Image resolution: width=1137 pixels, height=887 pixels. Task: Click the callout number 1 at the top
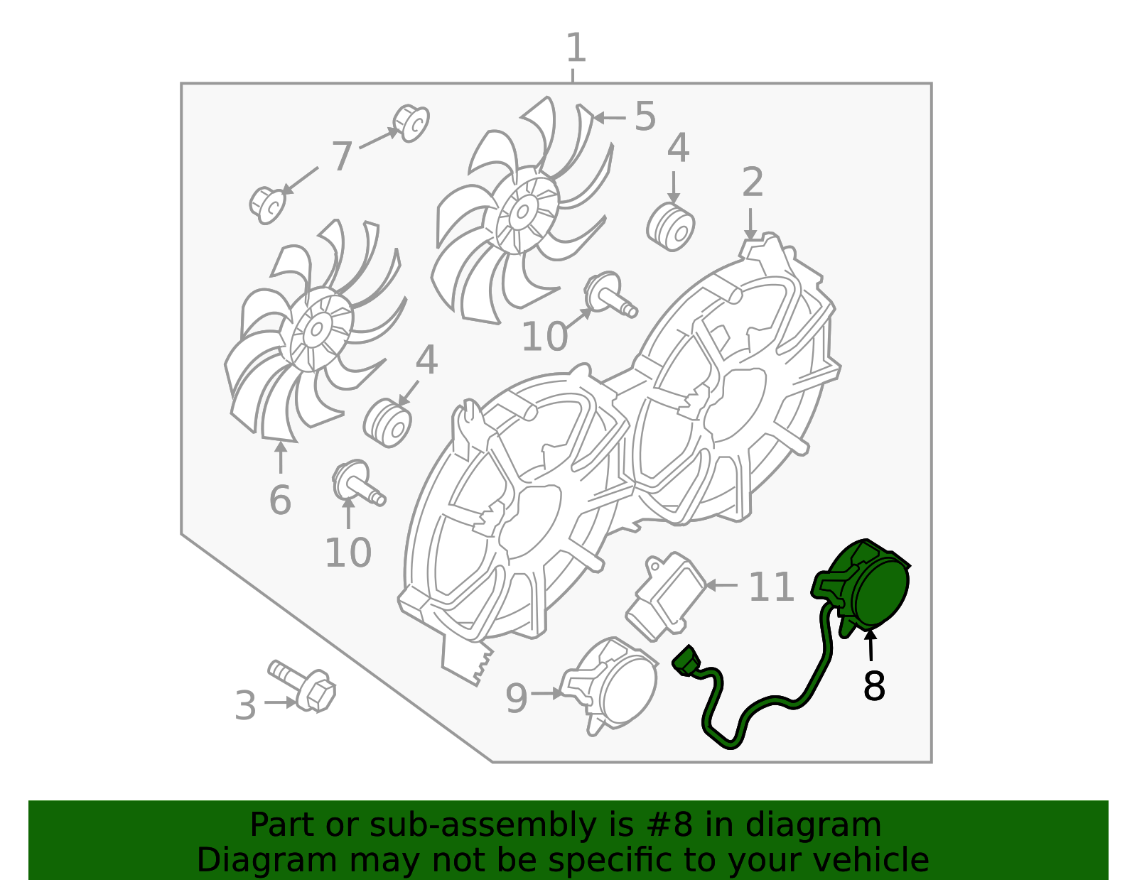(576, 48)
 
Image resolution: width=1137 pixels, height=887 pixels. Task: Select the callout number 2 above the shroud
(753, 183)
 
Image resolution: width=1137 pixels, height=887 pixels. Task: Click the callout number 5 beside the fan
(645, 116)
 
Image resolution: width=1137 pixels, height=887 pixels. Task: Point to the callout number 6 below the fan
(280, 500)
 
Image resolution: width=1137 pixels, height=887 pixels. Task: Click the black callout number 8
(874, 686)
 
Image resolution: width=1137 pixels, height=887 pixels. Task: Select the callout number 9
(517, 699)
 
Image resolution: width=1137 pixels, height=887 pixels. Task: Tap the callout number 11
(771, 587)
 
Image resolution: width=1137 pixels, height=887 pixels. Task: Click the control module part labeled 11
(666, 597)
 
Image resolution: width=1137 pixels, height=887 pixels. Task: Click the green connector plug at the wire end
(686, 661)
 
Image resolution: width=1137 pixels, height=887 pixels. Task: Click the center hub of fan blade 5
(522, 212)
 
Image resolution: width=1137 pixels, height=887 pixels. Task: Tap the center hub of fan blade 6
(316, 330)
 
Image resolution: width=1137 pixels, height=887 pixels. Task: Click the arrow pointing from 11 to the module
(721, 585)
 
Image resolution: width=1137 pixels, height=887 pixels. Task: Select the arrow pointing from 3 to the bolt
(281, 702)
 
